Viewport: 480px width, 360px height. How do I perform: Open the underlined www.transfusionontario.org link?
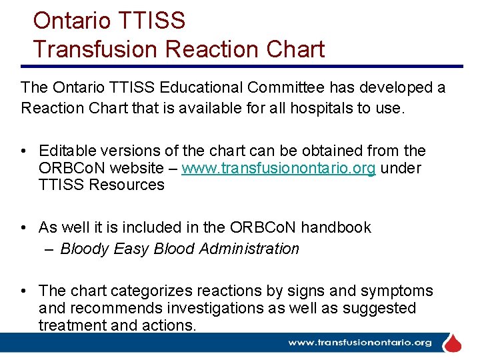279,168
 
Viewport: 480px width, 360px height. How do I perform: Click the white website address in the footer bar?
360,343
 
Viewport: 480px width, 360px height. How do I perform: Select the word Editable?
65,151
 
